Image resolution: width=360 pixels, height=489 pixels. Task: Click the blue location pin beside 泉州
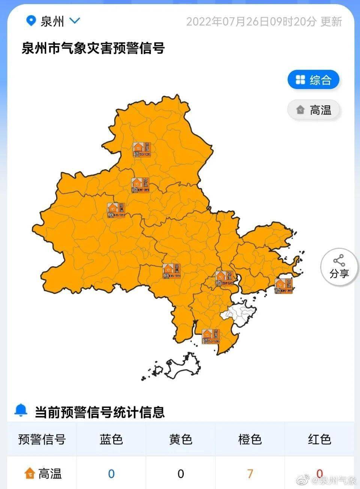click(31, 21)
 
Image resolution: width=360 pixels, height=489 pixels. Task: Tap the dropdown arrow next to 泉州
click(75, 21)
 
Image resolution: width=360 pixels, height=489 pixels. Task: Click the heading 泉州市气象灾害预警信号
click(93, 48)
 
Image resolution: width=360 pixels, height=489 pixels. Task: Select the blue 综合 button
click(313, 80)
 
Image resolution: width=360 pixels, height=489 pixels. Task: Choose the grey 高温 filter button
click(314, 110)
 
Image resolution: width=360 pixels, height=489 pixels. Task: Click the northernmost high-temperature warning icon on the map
click(142, 150)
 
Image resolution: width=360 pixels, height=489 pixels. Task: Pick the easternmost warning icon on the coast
click(283, 286)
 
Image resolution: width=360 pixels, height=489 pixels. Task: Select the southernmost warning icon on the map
click(210, 336)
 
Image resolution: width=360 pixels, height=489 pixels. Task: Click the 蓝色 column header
click(111, 439)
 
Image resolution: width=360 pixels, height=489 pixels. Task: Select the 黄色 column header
click(180, 439)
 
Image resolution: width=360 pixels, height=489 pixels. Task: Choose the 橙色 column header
click(250, 439)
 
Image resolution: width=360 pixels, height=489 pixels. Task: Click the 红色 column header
click(319, 439)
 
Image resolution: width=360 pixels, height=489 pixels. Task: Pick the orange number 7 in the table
click(250, 474)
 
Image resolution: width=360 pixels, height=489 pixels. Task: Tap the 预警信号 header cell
click(42, 439)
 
